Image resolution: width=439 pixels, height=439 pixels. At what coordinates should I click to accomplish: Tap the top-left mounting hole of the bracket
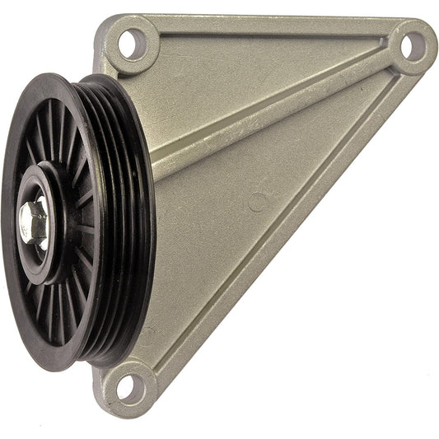130,44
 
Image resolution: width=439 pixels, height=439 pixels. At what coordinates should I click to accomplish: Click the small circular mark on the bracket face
258,202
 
